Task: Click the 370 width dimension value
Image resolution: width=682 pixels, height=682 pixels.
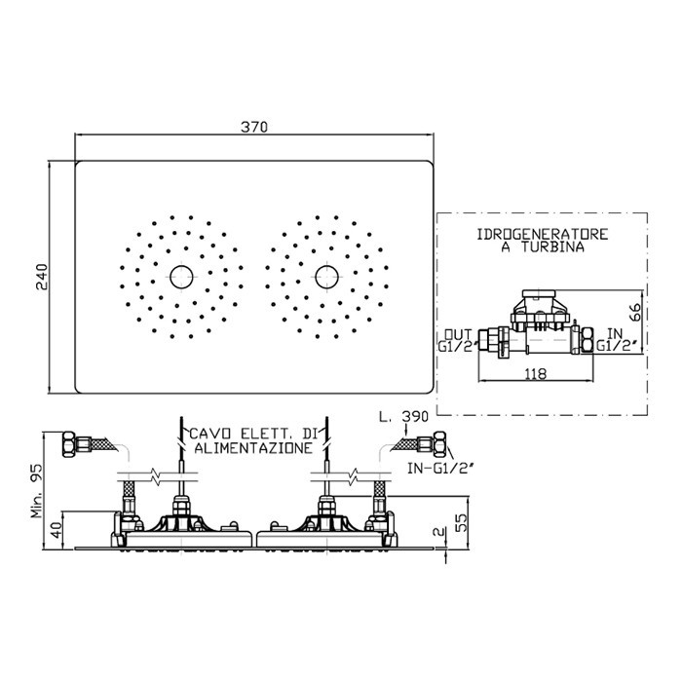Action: click(x=254, y=127)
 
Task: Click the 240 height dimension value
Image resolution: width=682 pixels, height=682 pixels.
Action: click(x=41, y=277)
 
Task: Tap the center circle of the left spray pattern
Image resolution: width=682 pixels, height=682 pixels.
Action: click(x=181, y=277)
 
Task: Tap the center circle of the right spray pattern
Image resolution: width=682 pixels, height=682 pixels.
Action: click(x=326, y=277)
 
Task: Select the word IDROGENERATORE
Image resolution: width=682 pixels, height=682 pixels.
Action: click(x=543, y=235)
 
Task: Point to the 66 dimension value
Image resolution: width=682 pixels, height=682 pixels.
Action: click(x=635, y=312)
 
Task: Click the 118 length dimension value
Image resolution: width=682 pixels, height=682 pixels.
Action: click(x=536, y=373)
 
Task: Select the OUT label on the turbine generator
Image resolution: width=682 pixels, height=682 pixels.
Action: click(x=458, y=334)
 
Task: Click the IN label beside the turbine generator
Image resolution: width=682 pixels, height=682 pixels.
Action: click(x=615, y=333)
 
